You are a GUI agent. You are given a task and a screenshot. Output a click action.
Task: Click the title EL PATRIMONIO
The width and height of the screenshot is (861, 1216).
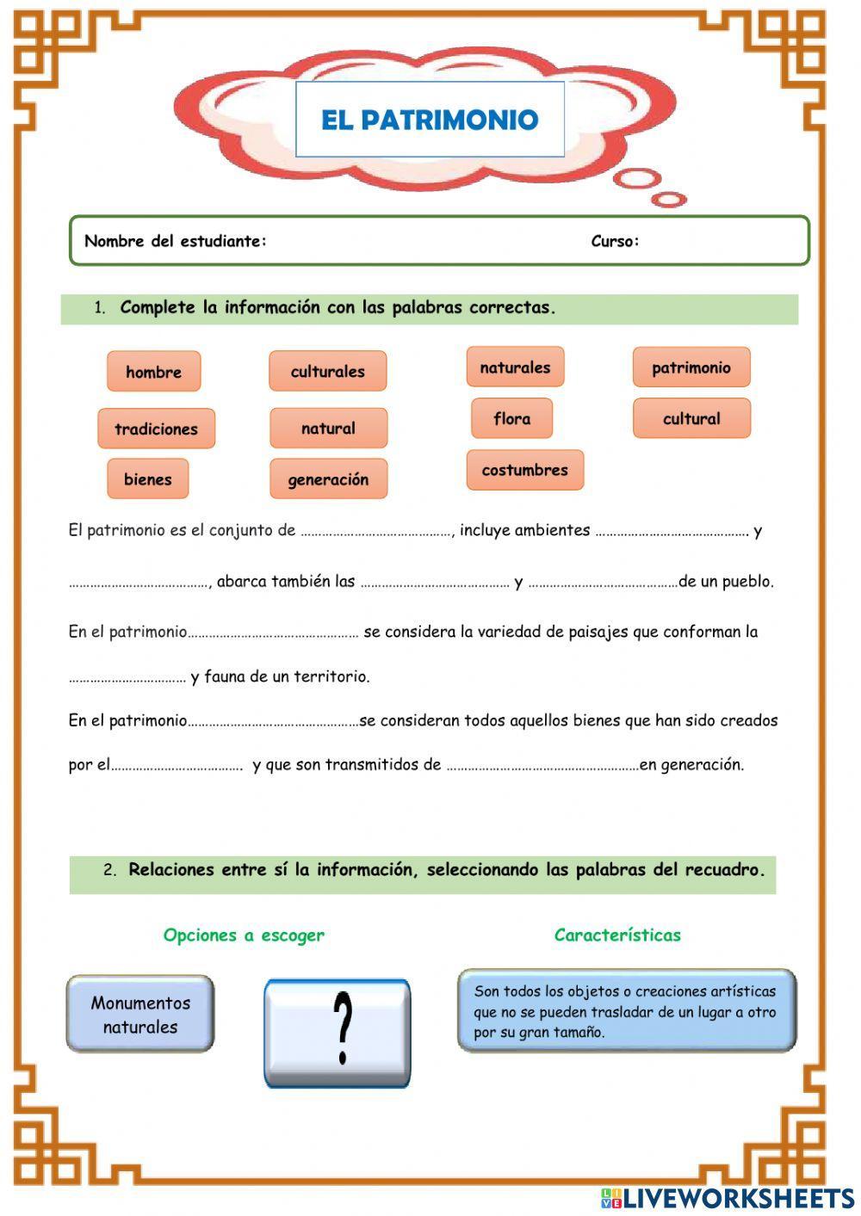click(430, 120)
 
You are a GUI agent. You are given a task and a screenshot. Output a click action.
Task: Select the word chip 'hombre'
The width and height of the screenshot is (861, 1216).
click(153, 372)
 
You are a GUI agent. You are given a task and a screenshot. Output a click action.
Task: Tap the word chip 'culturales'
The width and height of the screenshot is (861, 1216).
click(327, 371)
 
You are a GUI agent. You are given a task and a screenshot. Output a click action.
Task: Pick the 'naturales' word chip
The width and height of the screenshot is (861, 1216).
click(515, 367)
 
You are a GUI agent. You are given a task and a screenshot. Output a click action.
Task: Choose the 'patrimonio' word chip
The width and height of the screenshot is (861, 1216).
click(691, 367)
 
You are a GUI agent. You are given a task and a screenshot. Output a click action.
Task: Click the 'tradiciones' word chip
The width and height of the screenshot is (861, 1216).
click(156, 429)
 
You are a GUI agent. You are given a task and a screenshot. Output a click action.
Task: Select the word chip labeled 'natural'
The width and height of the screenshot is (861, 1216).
click(328, 428)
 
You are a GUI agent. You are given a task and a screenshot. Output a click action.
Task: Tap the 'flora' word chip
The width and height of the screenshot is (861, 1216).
click(511, 418)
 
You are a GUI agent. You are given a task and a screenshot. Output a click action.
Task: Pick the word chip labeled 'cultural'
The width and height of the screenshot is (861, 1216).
click(691, 418)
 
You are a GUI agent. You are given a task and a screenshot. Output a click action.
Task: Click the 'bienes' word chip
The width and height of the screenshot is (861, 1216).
click(147, 479)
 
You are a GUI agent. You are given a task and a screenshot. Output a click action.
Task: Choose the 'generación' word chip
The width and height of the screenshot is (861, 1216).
click(328, 479)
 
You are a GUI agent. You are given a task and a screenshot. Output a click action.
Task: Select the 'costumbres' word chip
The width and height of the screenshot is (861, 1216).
click(524, 470)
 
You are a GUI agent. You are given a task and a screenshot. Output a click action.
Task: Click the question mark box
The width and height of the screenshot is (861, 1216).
click(337, 1033)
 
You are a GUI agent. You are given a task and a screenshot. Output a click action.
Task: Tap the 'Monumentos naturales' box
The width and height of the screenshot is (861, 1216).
click(140, 1014)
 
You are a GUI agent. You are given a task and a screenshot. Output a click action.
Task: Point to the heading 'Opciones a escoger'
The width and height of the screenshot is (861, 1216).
click(244, 935)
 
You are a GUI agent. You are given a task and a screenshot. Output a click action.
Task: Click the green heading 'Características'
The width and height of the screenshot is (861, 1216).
click(617, 935)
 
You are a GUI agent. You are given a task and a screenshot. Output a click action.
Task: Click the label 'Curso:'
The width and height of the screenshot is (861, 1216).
click(615, 241)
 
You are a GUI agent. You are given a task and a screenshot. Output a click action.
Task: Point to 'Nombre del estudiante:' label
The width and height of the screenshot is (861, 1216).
click(176, 241)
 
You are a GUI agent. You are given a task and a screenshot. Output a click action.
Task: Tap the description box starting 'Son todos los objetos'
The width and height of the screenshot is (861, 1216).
click(626, 1011)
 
